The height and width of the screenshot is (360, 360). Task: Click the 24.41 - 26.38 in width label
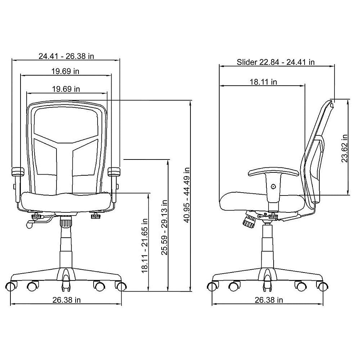[x=67, y=56]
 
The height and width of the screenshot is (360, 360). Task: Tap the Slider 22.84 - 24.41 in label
[x=276, y=62]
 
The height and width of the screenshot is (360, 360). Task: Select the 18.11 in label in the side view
[x=264, y=82]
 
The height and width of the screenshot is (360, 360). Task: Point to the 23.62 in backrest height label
[x=345, y=148]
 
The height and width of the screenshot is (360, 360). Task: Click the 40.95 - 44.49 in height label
[x=186, y=194]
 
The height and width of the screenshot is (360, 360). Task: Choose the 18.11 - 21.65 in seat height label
[x=145, y=245]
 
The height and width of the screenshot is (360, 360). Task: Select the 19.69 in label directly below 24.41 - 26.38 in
[x=65, y=71]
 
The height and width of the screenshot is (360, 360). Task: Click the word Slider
[x=247, y=62]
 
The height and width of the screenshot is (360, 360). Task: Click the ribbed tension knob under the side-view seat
[x=249, y=219]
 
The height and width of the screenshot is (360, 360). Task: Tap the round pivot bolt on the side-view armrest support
[x=273, y=186]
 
